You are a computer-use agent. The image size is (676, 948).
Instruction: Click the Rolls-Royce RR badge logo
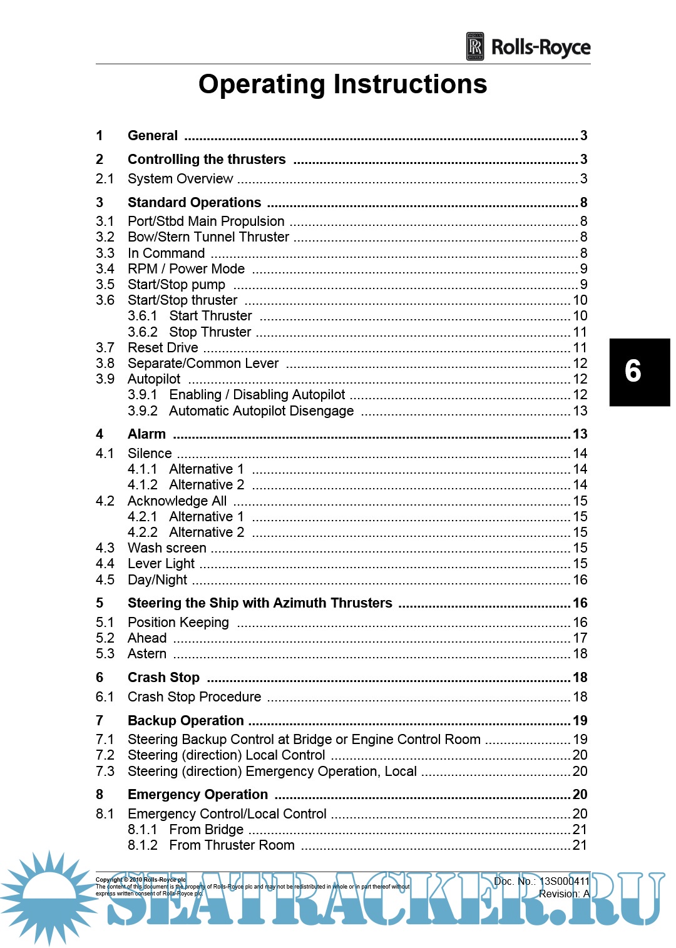click(475, 46)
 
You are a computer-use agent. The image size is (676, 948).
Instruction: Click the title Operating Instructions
click(342, 84)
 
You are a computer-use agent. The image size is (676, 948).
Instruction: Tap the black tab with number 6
click(638, 372)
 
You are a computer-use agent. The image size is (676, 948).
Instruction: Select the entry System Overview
click(180, 179)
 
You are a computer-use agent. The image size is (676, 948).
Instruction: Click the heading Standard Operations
click(194, 203)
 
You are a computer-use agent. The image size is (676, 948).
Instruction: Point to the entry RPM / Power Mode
click(186, 269)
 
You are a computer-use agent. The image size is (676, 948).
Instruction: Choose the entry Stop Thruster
click(210, 332)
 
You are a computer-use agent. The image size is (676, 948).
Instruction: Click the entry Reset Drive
click(163, 348)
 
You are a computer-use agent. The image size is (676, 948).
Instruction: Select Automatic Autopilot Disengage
click(261, 411)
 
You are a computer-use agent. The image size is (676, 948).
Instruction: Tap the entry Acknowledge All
click(177, 501)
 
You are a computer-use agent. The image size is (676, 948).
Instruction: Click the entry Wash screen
click(167, 548)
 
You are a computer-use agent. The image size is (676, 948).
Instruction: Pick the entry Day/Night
click(157, 580)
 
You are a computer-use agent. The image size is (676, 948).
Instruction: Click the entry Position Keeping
click(178, 623)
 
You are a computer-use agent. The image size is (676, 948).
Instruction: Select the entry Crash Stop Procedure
click(194, 697)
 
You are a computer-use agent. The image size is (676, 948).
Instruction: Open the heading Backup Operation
click(185, 721)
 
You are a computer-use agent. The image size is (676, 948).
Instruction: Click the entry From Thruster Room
click(232, 845)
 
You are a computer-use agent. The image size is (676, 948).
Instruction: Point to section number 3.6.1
click(142, 316)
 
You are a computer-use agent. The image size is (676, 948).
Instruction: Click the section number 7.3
click(105, 772)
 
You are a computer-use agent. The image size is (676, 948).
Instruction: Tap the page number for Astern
click(580, 654)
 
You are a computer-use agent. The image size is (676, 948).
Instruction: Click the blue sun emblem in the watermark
click(49, 897)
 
